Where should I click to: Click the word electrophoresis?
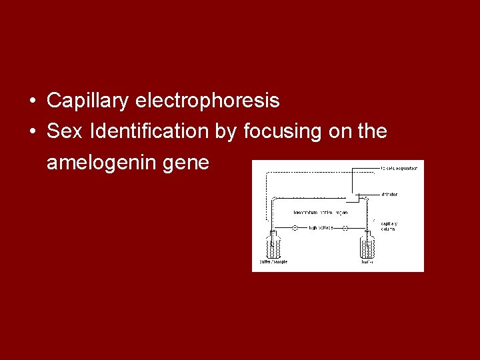(x=207, y=101)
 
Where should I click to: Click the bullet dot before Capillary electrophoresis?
(x=33, y=102)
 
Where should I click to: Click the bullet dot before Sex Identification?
(x=33, y=132)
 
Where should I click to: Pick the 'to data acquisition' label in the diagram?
(x=399, y=168)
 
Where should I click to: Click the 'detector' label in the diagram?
(x=389, y=195)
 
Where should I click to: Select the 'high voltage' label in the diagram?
(x=321, y=228)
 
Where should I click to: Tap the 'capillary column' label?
(x=389, y=226)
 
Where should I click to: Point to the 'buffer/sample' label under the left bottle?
(x=274, y=261)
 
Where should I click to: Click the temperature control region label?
(x=320, y=212)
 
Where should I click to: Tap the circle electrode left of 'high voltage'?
(x=295, y=228)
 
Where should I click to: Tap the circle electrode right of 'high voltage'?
(x=345, y=228)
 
